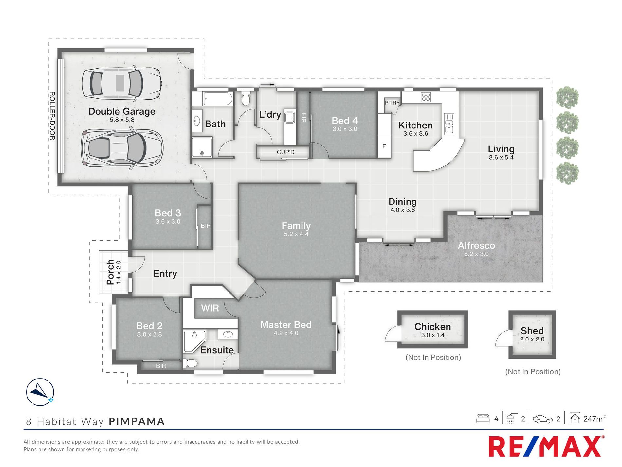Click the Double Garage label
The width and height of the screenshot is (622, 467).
[x=122, y=111]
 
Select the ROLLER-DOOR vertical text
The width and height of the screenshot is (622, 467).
[x=52, y=116]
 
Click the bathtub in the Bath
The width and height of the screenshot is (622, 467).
[x=218, y=98]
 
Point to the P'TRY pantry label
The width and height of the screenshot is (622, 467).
[x=392, y=103]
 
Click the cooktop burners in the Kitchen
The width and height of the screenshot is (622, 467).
[x=426, y=97]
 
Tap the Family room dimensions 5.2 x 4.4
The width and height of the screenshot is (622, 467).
[x=296, y=234]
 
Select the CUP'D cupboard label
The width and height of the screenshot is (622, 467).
[x=285, y=152]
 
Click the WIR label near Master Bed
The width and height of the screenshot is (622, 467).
[x=210, y=308]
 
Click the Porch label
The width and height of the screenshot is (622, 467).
[x=110, y=272]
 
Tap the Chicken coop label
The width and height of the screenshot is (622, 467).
[x=432, y=327]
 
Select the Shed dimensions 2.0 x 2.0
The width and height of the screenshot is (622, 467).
[x=532, y=339]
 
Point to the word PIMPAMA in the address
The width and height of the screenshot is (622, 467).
[x=137, y=421]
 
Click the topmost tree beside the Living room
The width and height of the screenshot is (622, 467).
[x=567, y=98]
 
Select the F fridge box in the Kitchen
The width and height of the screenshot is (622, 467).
[x=384, y=146]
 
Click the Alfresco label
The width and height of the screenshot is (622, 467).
[x=476, y=245]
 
